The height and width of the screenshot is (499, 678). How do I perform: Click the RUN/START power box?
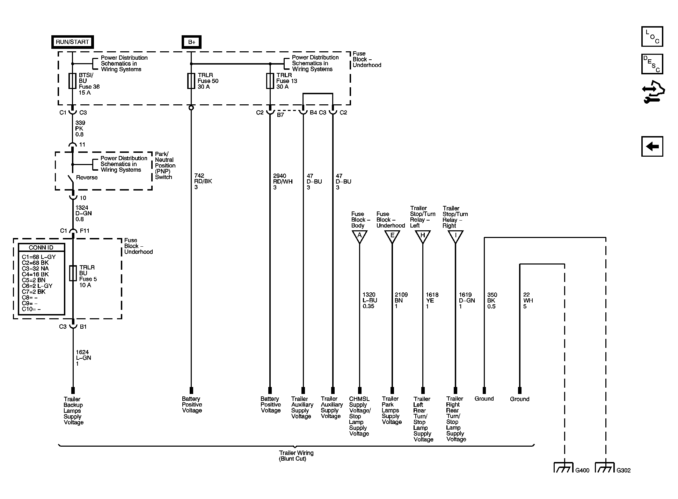[73, 42]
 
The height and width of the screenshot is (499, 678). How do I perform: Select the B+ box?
[192, 42]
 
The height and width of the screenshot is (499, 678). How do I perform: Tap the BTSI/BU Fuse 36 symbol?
[73, 81]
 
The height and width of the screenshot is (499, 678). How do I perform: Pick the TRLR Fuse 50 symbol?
[191, 81]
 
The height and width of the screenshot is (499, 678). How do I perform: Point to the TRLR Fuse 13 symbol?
[270, 81]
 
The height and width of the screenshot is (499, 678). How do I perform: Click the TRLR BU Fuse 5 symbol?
[73, 273]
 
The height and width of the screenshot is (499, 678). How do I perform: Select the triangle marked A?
[359, 236]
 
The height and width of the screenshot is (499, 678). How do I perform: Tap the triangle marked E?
[392, 236]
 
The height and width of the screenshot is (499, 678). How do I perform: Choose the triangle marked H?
[423, 236]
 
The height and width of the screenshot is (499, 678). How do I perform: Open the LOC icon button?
[652, 37]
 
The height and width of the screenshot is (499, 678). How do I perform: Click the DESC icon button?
[652, 64]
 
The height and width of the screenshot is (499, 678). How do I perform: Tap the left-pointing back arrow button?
[652, 146]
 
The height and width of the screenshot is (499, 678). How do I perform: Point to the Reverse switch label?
[87, 178]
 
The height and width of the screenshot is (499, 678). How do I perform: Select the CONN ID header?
[41, 247]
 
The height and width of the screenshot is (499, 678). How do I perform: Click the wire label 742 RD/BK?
[203, 181]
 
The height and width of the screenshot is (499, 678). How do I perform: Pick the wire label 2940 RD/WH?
[283, 181]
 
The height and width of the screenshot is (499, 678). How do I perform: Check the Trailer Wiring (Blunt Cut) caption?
[296, 456]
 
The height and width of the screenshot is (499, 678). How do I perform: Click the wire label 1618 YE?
[432, 300]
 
